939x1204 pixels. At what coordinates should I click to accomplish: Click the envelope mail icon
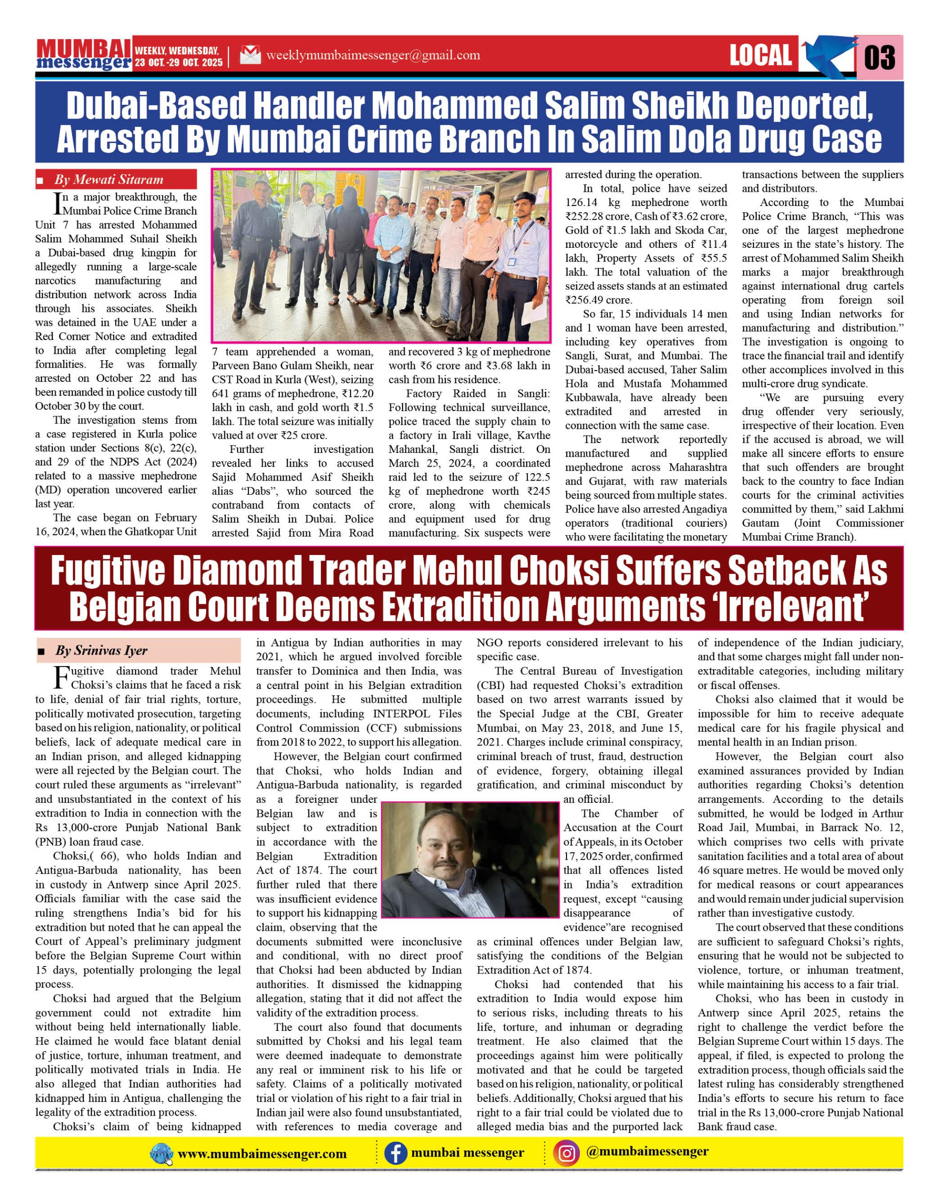(250, 55)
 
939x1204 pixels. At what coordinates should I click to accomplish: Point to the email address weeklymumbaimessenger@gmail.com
(373, 55)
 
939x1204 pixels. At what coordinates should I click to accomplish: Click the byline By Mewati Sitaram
(109, 179)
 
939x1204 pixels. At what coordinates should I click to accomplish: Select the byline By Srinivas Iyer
(101, 650)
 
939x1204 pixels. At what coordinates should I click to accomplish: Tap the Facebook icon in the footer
(395, 1153)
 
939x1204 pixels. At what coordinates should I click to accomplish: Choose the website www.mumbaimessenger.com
(263, 1154)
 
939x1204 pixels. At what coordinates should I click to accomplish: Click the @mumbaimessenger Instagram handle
(647, 1152)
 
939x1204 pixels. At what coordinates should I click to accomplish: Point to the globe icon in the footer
(161, 1154)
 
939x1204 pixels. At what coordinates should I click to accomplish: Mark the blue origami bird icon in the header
(825, 55)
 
